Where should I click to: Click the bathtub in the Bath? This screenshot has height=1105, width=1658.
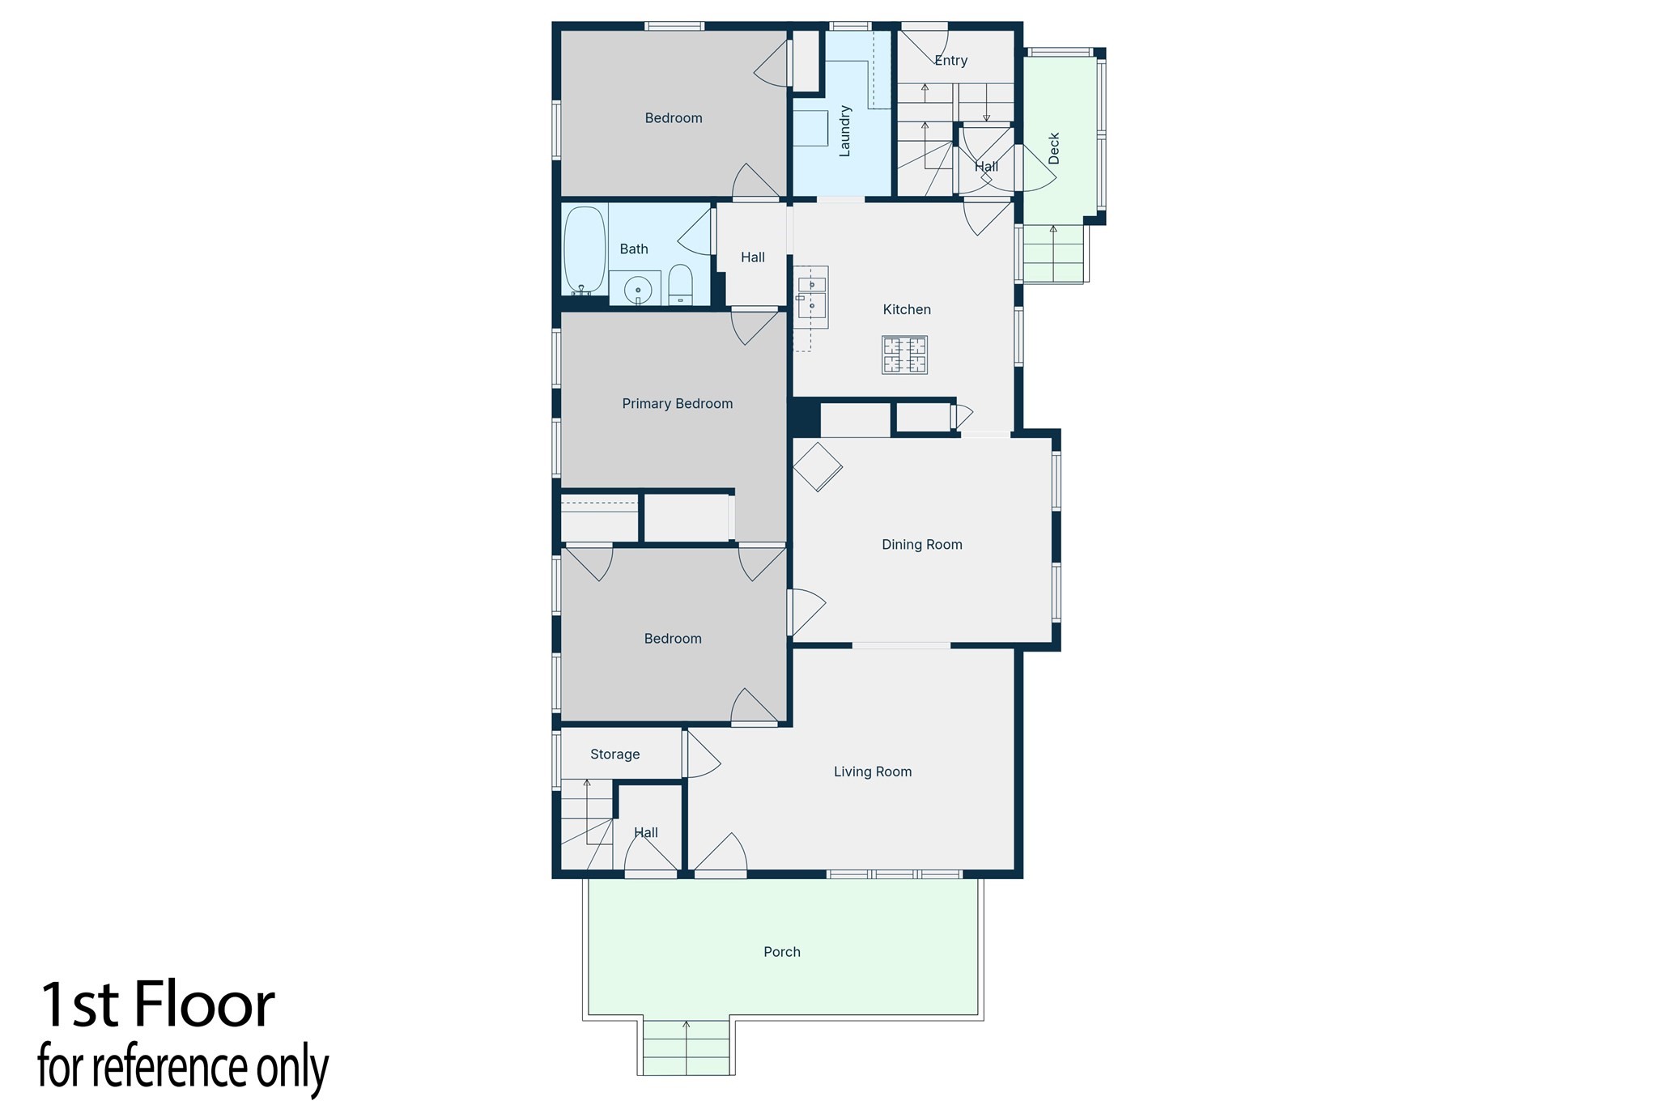pos(584,250)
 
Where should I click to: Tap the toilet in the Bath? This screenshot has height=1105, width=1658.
pos(681,285)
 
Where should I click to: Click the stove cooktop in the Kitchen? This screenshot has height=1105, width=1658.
pos(904,355)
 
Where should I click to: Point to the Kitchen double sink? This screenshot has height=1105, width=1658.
pos(812,297)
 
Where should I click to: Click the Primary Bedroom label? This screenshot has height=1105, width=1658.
pos(677,403)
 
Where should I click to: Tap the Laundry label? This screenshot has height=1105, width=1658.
pos(844,131)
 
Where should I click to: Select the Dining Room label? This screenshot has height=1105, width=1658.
pos(921,545)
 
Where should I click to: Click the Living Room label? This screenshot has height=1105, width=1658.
pos(872,771)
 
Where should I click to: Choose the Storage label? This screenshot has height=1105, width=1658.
pos(614,754)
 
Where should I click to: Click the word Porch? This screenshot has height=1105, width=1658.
pos(781,952)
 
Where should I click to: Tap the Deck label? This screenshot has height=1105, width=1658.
pos(1053,149)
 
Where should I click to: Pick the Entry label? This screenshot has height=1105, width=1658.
pos(950,61)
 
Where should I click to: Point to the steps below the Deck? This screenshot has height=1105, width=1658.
pos(1053,253)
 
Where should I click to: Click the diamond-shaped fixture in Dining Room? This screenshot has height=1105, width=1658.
pos(817,467)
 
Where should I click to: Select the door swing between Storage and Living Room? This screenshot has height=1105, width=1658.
pos(701,754)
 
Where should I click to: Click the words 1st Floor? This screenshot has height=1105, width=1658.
pos(157,1005)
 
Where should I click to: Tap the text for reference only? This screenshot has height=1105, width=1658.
pos(183,1067)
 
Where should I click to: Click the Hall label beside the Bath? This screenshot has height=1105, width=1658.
pos(752,257)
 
